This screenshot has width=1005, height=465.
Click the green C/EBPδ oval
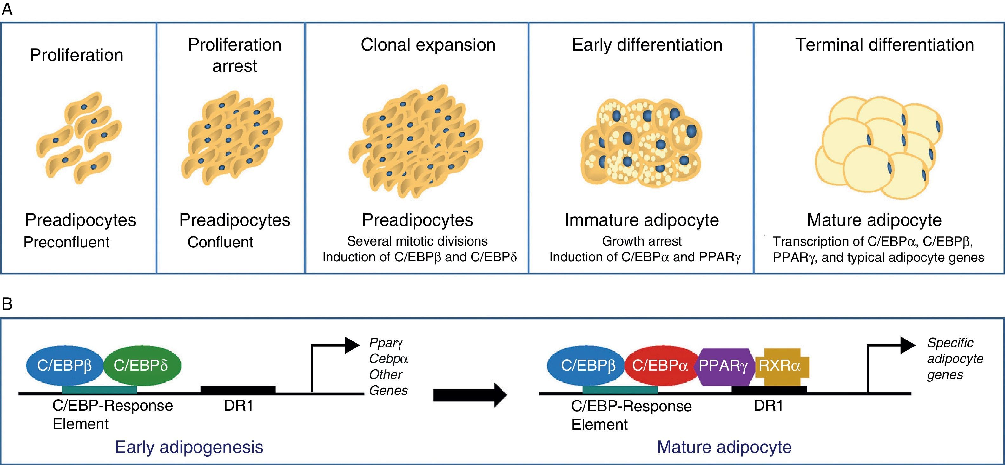[141, 365]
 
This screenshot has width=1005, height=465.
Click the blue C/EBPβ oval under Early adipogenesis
[64, 365]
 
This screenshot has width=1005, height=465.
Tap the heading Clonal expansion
[428, 44]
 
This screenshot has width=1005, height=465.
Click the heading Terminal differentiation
[884, 44]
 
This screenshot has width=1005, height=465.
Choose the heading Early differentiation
[647, 44]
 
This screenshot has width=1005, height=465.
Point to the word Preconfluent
[66, 242]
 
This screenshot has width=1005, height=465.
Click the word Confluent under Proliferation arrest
[221, 242]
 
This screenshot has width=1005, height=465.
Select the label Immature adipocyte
[642, 220]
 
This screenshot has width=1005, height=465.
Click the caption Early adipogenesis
[189, 447]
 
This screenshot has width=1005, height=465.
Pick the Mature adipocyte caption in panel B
[724, 447]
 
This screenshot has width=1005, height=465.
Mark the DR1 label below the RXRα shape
[768, 406]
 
